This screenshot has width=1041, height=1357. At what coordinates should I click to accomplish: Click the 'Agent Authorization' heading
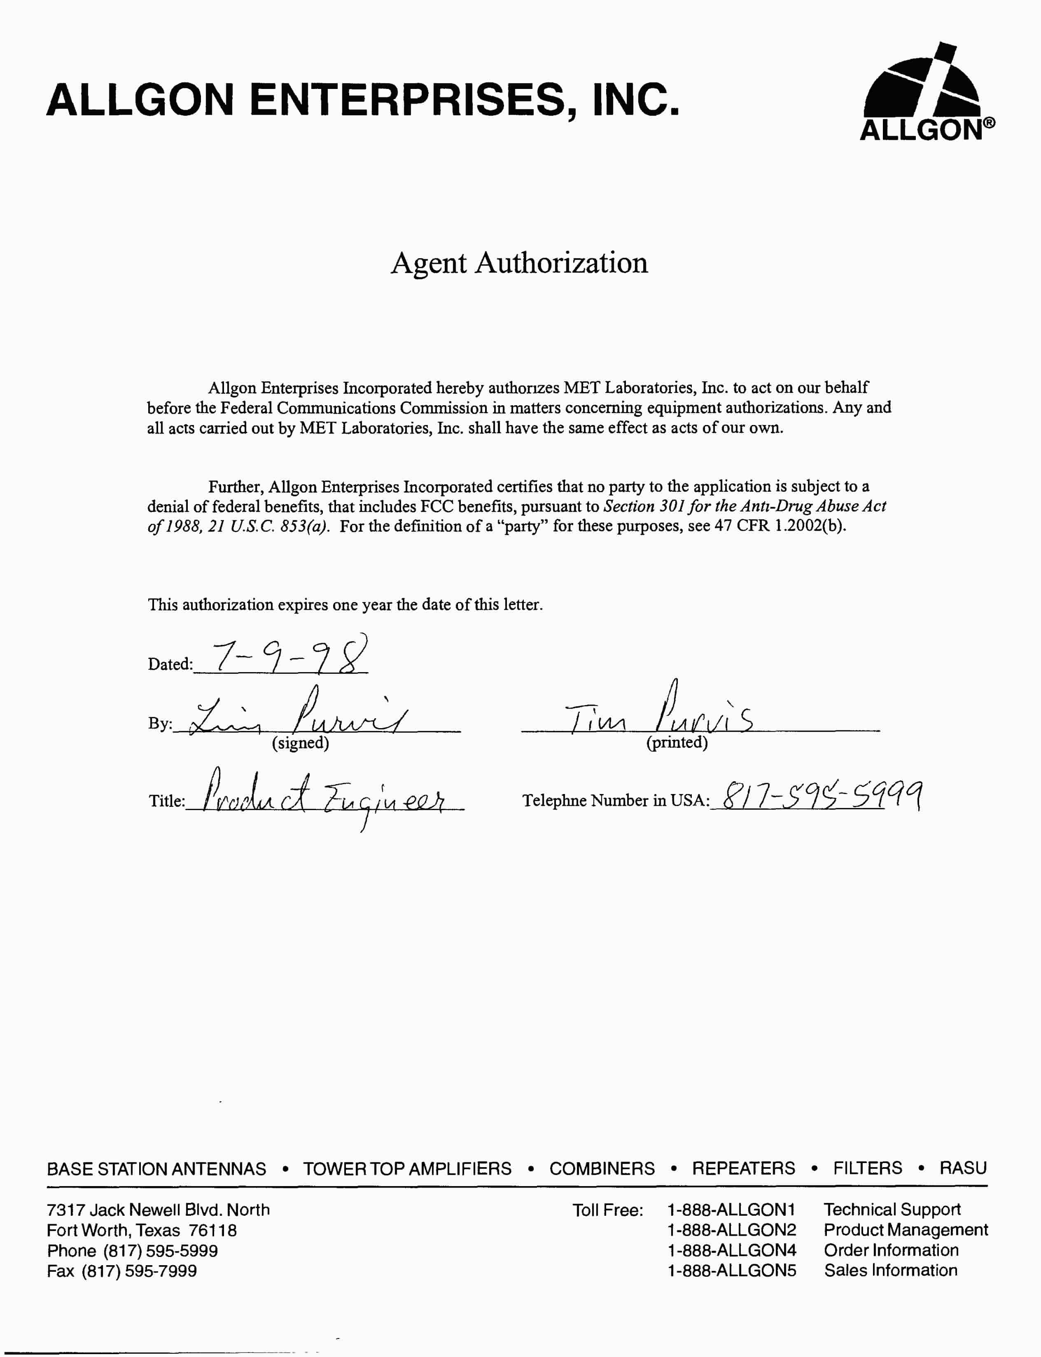point(519,263)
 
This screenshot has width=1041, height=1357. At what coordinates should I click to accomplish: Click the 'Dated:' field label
point(170,664)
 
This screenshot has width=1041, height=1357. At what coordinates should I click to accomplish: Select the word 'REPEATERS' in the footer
point(743,1169)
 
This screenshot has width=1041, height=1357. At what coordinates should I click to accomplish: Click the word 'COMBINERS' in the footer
point(602,1169)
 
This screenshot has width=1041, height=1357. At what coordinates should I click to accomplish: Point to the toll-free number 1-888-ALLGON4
point(731,1250)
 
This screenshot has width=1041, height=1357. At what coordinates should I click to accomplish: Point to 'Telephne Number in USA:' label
point(615,801)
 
